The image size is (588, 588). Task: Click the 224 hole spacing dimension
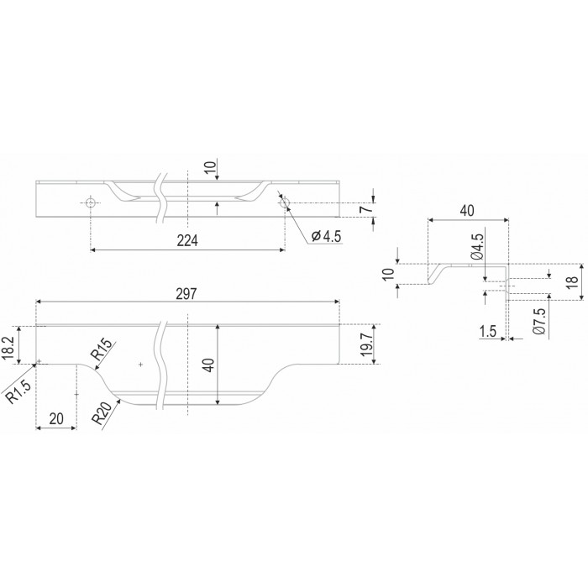pyautogui.click(x=187, y=241)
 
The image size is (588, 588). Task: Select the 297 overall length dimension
pyautogui.click(x=186, y=294)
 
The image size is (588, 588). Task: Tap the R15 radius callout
pyautogui.click(x=101, y=349)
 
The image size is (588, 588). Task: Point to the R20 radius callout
pyautogui.click(x=102, y=413)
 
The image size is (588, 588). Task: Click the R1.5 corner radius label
pyautogui.click(x=18, y=391)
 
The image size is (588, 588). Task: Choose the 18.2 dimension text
pyautogui.click(x=8, y=347)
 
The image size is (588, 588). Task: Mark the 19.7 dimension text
pyautogui.click(x=367, y=345)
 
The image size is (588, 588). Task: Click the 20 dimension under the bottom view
pyautogui.click(x=56, y=419)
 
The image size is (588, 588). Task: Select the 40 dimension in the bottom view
pyautogui.click(x=209, y=365)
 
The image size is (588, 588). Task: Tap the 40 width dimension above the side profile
pyautogui.click(x=467, y=211)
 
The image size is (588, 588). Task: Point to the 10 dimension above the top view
pyautogui.click(x=211, y=168)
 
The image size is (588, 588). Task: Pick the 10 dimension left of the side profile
pyautogui.click(x=389, y=274)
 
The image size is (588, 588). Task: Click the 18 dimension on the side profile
pyautogui.click(x=573, y=281)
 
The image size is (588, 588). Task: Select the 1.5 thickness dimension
pyautogui.click(x=488, y=331)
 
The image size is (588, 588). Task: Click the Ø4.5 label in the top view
pyautogui.click(x=326, y=236)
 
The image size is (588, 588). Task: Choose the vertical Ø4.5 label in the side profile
pyautogui.click(x=477, y=247)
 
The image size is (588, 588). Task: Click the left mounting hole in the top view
pyautogui.click(x=91, y=203)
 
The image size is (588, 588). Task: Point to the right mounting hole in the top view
pyautogui.click(x=285, y=203)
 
